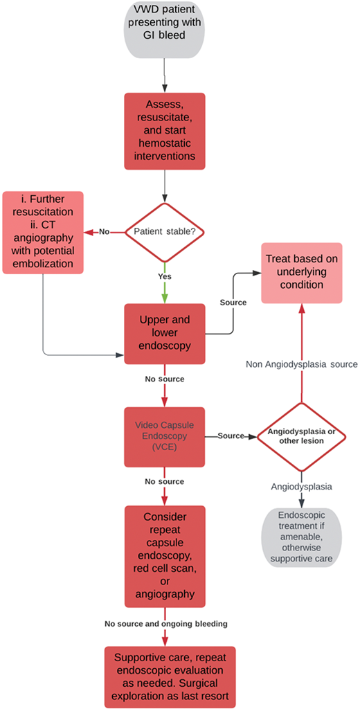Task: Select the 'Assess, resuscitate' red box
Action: (x=165, y=130)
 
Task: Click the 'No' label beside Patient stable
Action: (x=103, y=232)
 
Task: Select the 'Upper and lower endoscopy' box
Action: (x=165, y=334)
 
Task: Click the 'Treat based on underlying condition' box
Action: (x=301, y=273)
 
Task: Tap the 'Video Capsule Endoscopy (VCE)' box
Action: (x=165, y=436)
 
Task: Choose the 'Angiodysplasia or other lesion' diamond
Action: (x=301, y=436)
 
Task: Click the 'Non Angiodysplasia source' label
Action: (x=301, y=364)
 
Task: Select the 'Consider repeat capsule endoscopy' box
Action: (x=165, y=556)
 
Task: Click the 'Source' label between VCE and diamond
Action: (x=230, y=436)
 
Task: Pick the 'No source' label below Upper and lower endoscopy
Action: (x=165, y=380)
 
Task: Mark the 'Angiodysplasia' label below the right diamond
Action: (x=301, y=487)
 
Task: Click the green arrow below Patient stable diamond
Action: (x=165, y=287)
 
